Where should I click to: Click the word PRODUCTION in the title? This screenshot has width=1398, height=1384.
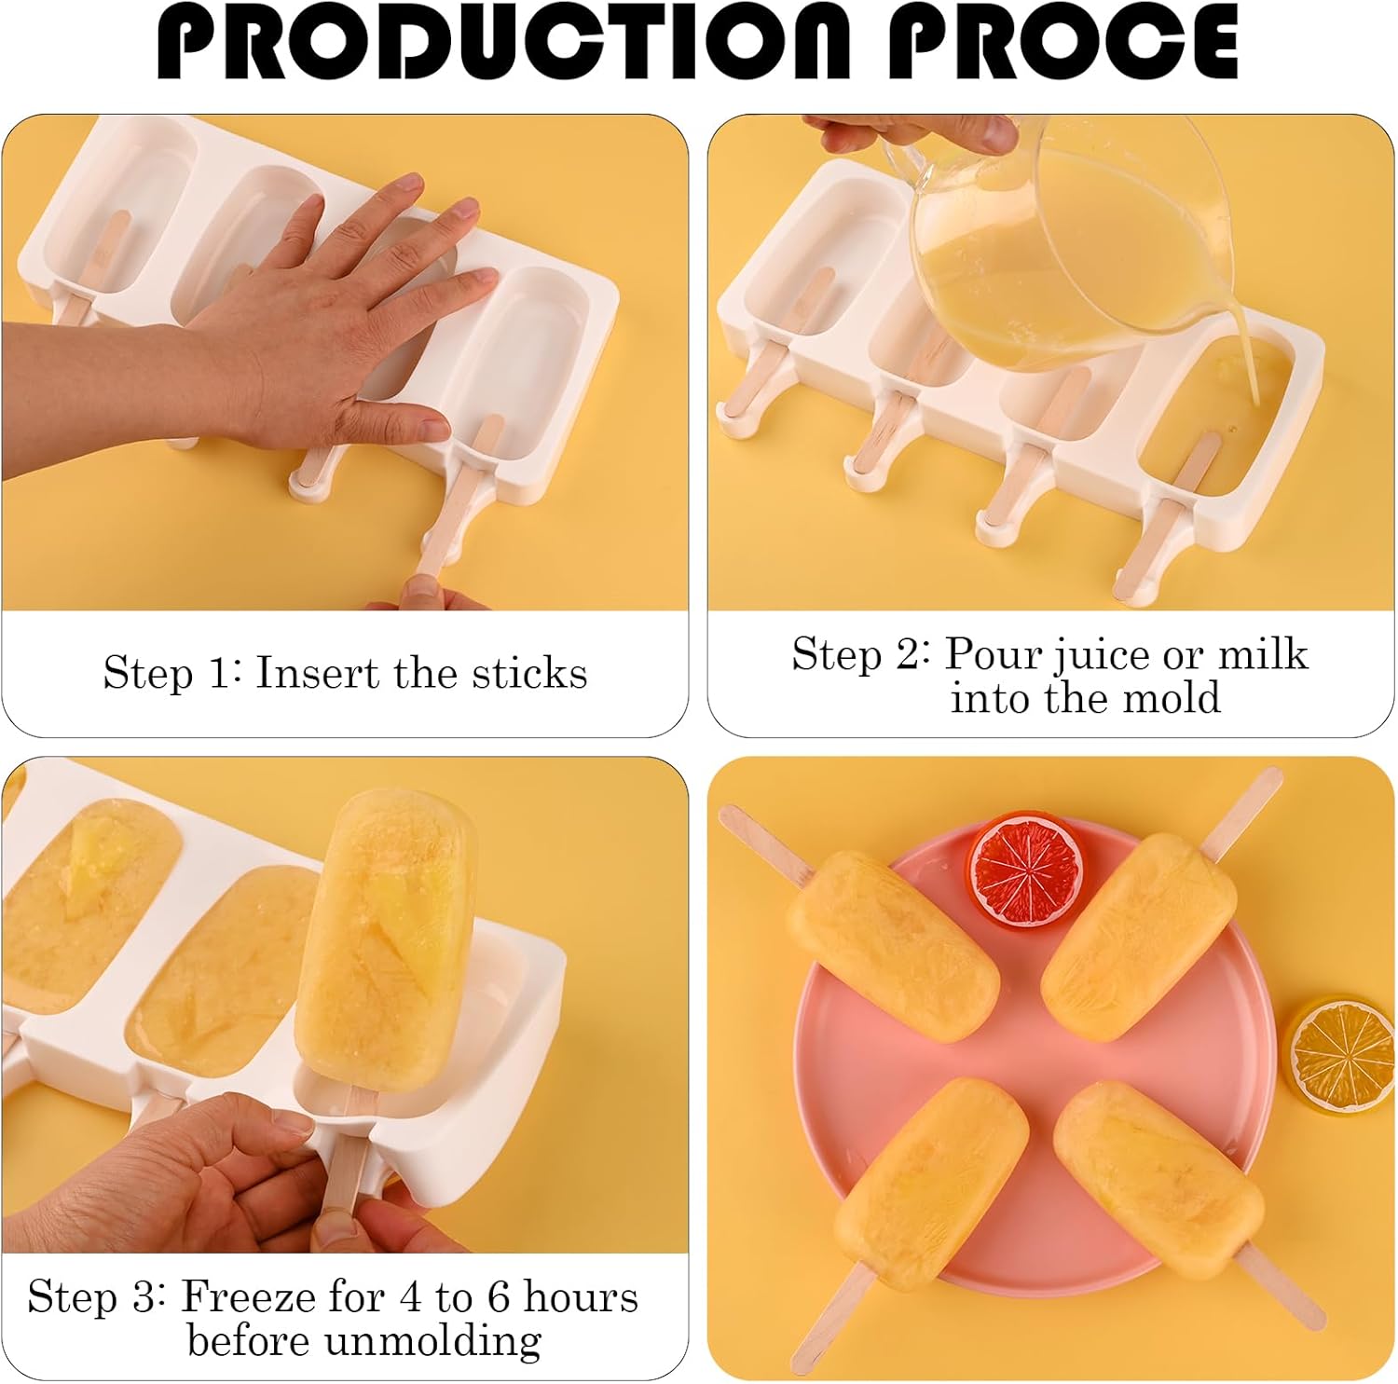click(503, 42)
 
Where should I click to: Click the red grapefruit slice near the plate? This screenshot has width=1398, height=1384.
click(1026, 866)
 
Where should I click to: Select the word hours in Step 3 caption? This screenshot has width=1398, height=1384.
click(581, 1296)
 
